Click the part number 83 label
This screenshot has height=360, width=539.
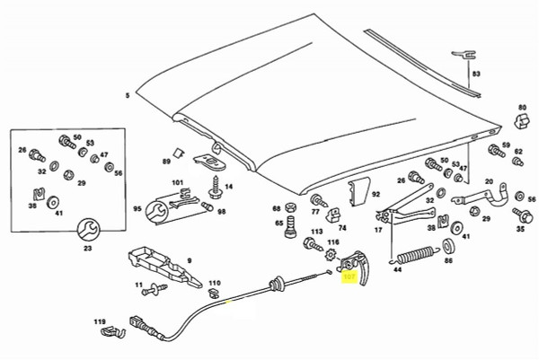pos(477,73)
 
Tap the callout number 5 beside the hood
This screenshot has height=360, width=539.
pos(128,94)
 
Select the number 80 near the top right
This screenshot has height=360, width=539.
pos(520,105)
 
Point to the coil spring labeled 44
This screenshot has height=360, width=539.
pos(420,255)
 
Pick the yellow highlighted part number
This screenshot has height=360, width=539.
pos(349,278)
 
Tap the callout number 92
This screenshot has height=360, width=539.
pos(376,193)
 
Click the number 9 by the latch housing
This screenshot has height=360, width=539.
pos(189,260)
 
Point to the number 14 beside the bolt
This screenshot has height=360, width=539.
pos(229,187)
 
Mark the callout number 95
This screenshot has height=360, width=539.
pos(137,209)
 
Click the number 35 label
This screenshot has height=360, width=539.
pos(519,229)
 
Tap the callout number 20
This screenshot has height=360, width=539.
pos(490,181)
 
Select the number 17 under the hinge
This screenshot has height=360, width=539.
pos(378,231)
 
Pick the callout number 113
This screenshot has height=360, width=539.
pos(316,232)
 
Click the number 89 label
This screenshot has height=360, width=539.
pos(166,161)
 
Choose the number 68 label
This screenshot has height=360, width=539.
pos(278,209)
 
